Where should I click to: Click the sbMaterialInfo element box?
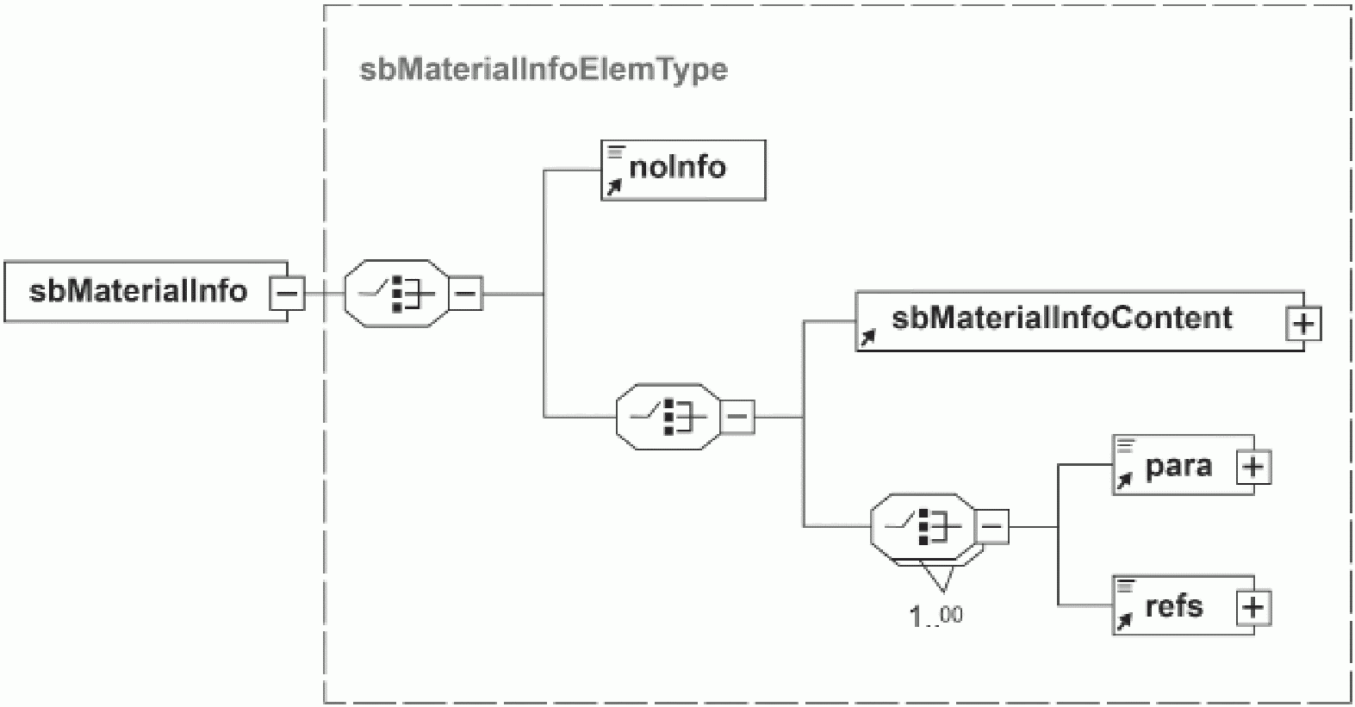[x=138, y=292]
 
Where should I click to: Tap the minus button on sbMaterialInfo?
[x=287, y=294]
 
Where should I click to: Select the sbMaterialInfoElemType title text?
[x=543, y=69]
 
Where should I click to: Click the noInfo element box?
[x=682, y=170]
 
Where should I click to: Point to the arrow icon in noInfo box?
[x=613, y=187]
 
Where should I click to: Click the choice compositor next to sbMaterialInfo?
[x=397, y=294]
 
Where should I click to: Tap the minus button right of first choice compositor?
[x=466, y=294]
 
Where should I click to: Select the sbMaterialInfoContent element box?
[x=1068, y=319]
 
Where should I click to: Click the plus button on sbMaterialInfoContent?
[x=1303, y=324]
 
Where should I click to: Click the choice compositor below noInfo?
[x=668, y=417]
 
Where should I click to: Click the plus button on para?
[x=1253, y=468]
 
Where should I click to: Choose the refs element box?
[x=1172, y=605]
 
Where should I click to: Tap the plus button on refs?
[x=1253, y=608]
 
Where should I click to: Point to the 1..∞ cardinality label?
[x=935, y=616]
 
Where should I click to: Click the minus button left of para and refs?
[x=992, y=526]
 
